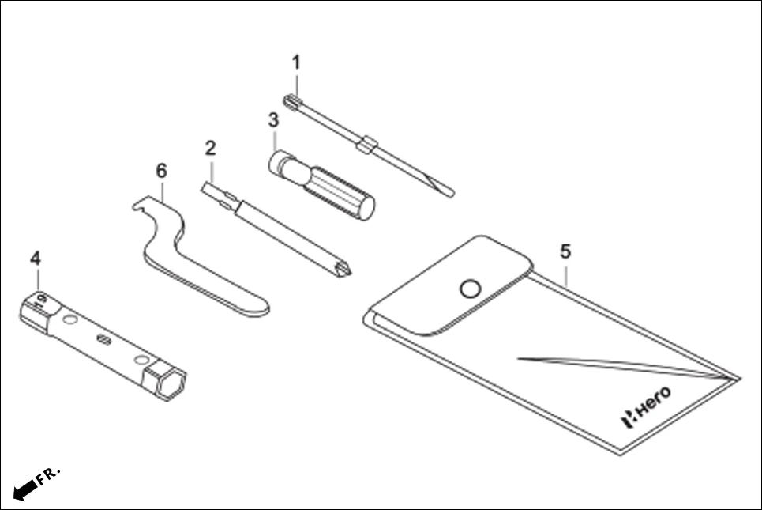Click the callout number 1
coord(296,62)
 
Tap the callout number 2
coord(210,148)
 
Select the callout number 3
coord(273,121)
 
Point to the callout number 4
coord(35,258)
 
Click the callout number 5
coord(565,251)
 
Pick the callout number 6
coord(162,170)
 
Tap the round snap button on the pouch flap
coord(470,289)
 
